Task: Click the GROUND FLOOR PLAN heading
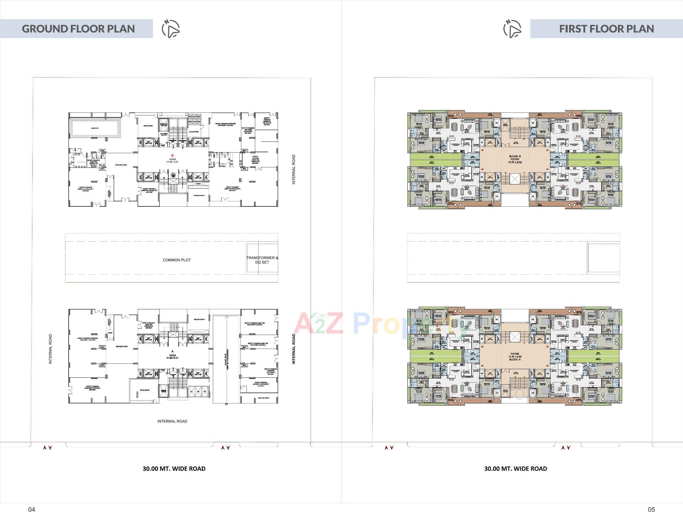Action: (78, 29)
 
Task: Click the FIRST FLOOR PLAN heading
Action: (606, 29)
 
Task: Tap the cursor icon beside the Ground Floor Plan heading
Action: (171, 29)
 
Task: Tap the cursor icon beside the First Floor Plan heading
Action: (512, 29)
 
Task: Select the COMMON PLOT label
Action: (176, 260)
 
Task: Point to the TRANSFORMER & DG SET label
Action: (262, 260)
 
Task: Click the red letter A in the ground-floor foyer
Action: (173, 352)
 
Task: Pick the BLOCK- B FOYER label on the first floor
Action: (515, 159)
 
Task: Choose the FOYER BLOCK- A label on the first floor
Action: (515, 357)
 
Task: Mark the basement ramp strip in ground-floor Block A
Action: (226, 359)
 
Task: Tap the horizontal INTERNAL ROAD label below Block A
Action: (172, 421)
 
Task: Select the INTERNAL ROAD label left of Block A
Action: (50, 349)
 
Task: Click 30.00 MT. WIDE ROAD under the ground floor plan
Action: (174, 469)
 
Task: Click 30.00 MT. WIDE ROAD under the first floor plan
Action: (515, 469)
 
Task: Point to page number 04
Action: (32, 510)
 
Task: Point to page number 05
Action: (651, 510)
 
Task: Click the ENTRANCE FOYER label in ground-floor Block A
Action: (121, 346)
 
